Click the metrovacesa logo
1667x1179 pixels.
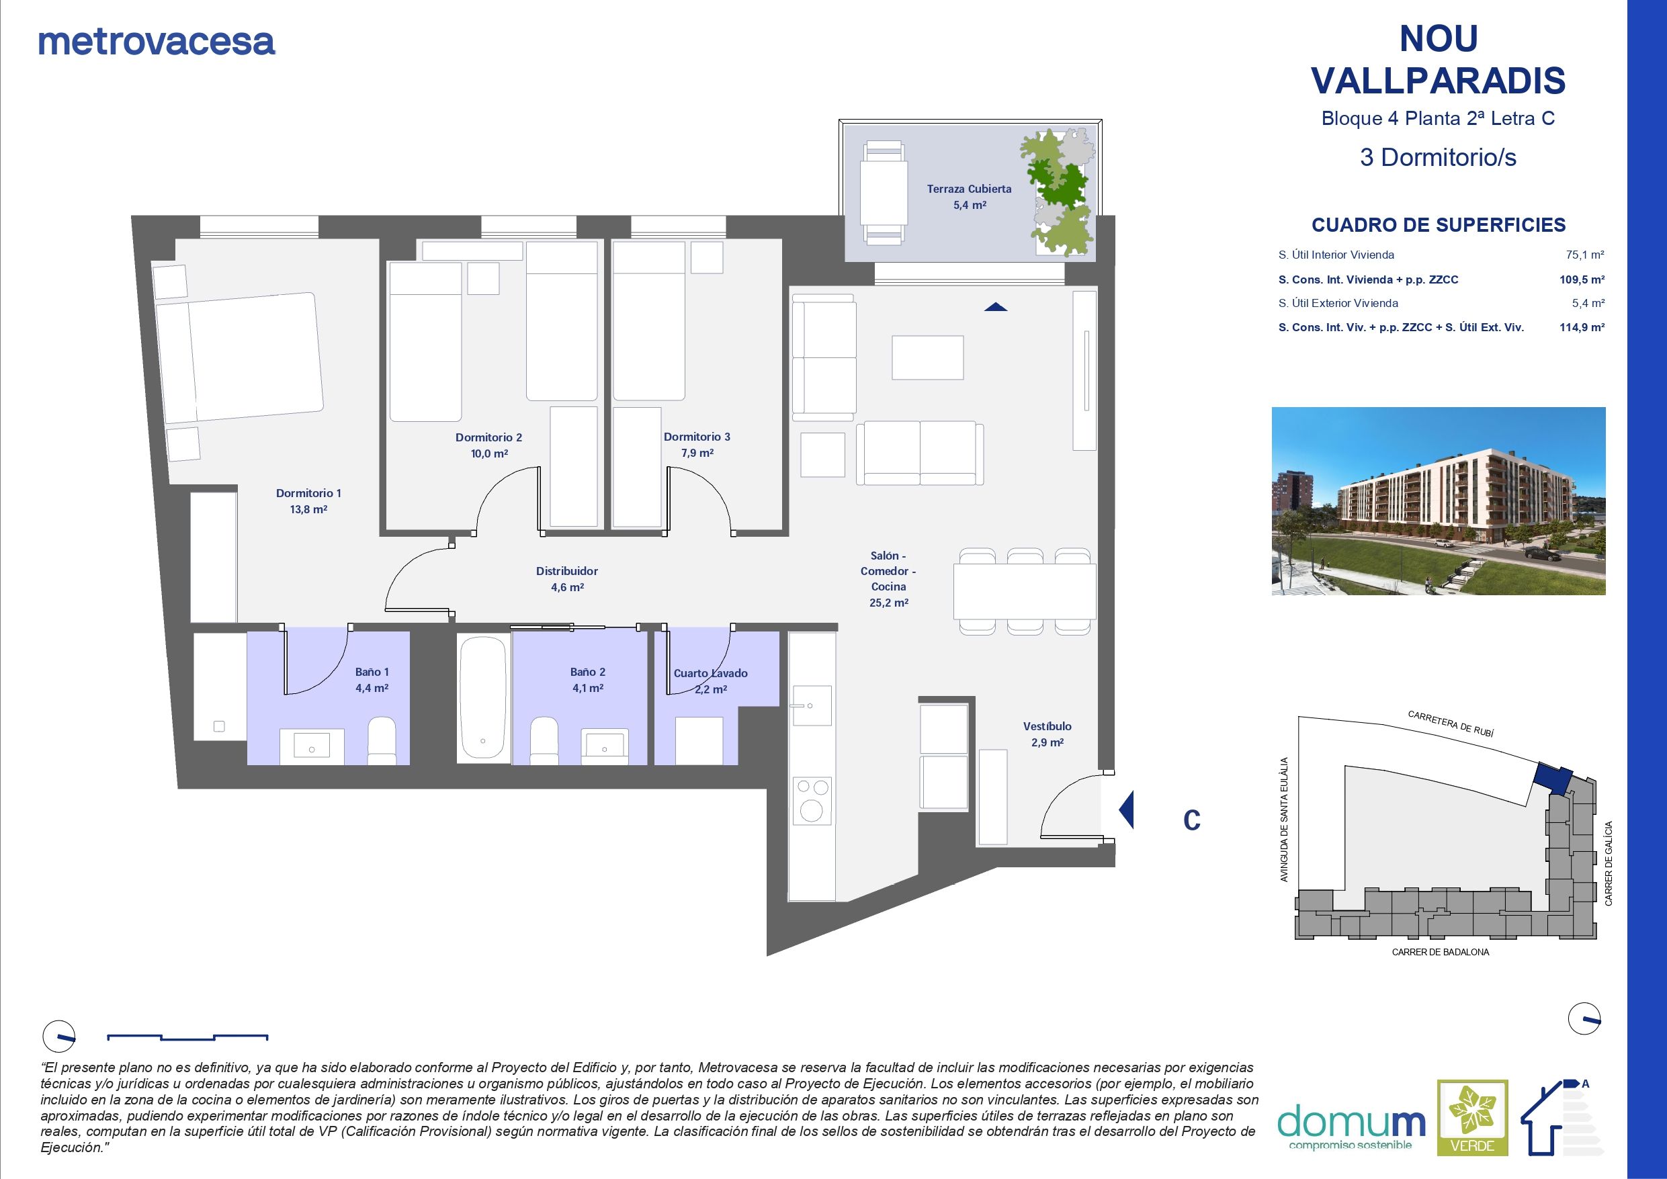click(156, 42)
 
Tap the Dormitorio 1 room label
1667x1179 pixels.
click(308, 494)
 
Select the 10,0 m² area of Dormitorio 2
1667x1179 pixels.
click(488, 453)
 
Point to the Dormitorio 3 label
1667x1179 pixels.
click(696, 437)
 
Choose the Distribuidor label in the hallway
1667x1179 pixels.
click(566, 571)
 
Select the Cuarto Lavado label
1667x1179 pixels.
click(710, 674)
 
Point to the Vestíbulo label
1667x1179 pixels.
click(1047, 726)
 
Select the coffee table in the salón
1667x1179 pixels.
click(927, 357)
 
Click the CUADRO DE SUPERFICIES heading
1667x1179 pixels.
click(1439, 225)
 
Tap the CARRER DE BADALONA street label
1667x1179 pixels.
click(1440, 952)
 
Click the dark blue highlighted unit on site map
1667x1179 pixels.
click(1553, 779)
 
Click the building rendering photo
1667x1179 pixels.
click(1439, 501)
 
